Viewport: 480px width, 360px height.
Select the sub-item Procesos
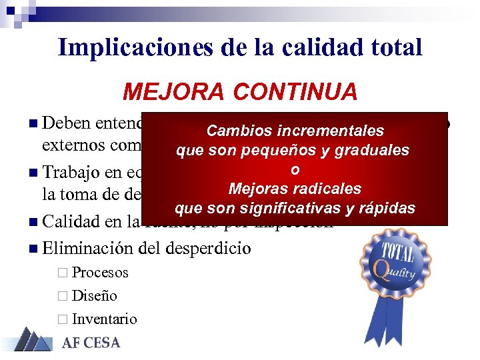[100, 273]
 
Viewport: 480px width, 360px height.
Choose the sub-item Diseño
[95, 296]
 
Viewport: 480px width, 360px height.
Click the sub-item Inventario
[105, 319]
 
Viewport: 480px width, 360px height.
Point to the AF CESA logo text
[91, 343]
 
